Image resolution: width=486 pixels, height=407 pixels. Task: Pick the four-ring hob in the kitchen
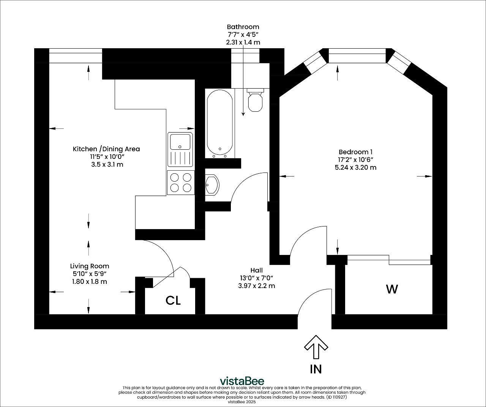pos(181,182)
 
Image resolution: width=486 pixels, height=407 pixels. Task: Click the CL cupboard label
pos(173,301)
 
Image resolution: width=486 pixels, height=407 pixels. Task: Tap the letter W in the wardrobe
pos(392,289)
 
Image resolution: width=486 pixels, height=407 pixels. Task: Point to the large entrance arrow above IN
pos(316,347)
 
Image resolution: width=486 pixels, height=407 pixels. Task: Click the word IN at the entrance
pos(316,369)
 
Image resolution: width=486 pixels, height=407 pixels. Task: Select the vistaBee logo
pos(242,381)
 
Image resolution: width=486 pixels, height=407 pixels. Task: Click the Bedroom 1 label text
pos(355,152)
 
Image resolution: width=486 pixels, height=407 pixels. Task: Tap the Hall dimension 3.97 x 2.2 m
pos(256,286)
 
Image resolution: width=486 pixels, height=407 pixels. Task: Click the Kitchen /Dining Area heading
pos(106,149)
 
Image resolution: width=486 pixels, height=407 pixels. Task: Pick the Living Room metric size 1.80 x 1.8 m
pos(89,282)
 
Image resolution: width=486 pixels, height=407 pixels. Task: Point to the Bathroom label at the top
pos(243,27)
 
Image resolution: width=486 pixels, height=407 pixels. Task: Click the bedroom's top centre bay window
pos(357,55)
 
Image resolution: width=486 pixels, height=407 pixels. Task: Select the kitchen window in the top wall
pos(76,55)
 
